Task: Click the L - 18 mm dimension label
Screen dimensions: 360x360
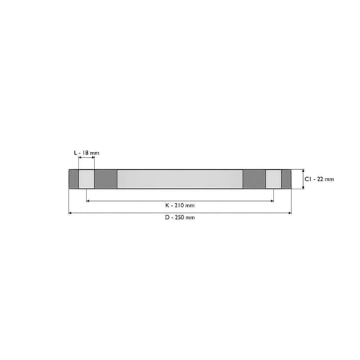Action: tap(86, 153)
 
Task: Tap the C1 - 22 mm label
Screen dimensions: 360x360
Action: tap(319, 179)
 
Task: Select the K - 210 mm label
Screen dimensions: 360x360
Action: tap(180, 205)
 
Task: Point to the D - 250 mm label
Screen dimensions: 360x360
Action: tap(180, 217)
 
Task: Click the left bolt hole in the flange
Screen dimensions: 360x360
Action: tap(86, 179)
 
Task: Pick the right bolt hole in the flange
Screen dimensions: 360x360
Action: tap(273, 179)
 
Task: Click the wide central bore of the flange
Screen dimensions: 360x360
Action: tap(180, 179)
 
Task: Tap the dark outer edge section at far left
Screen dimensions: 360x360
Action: tap(74, 179)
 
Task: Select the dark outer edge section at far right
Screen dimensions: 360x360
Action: tap(286, 179)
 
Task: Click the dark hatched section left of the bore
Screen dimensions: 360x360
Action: tap(106, 179)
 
